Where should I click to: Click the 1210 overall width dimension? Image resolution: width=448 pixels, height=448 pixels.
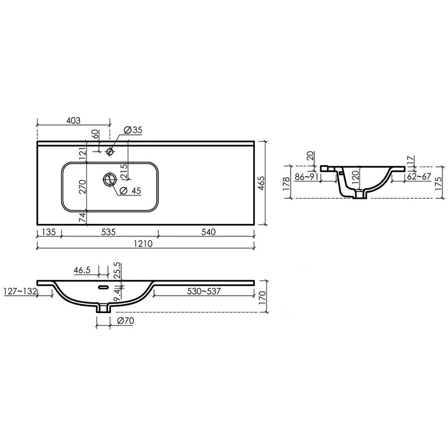pos(143,244)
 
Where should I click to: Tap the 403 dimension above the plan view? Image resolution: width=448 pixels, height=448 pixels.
pos(73,120)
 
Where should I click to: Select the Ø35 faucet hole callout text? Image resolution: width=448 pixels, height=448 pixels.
pos(133,130)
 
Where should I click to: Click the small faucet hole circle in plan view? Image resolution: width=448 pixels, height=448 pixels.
pos(110,151)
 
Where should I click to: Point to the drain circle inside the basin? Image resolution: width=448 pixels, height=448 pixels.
pos(110,179)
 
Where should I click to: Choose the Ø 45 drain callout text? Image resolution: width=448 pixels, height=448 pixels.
pos(130,190)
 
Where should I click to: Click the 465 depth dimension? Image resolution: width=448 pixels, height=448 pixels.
pos(261,183)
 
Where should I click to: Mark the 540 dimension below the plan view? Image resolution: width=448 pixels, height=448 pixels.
pos(208,232)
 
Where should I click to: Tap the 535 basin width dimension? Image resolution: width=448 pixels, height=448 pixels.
pos(108,232)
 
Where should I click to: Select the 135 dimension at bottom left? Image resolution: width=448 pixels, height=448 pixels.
pos(49,232)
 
